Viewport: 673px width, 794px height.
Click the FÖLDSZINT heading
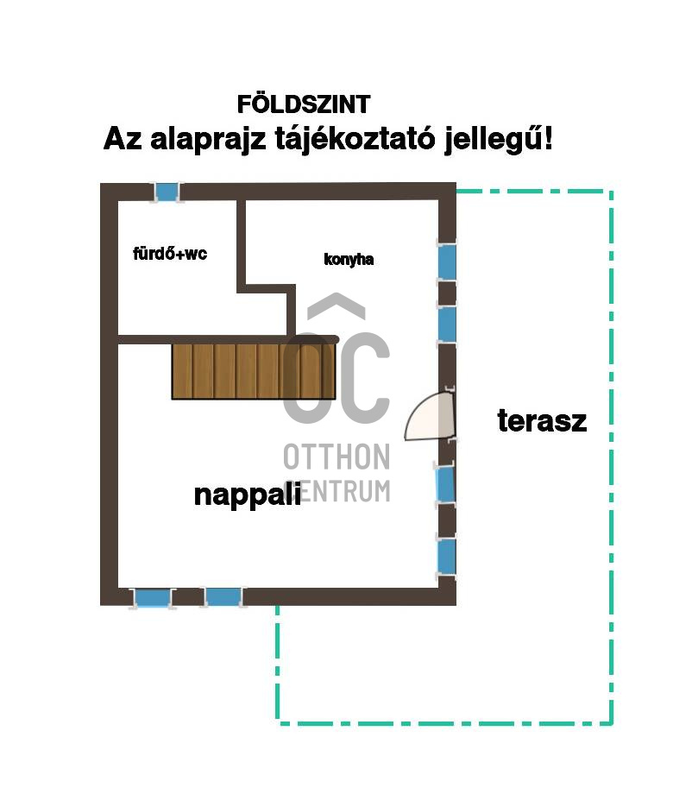(x=304, y=104)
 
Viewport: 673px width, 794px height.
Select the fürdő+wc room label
(x=170, y=254)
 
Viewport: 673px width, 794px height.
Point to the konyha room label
(x=349, y=259)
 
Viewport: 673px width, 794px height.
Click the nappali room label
(x=247, y=495)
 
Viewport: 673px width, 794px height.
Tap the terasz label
(x=542, y=421)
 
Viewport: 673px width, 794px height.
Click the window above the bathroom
(x=167, y=191)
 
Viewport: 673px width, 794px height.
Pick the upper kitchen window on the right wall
(x=446, y=262)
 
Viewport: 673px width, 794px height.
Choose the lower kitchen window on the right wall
(x=446, y=324)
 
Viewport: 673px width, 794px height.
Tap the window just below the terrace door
(x=445, y=483)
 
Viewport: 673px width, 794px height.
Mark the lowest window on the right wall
(x=446, y=557)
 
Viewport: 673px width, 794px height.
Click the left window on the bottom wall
(x=154, y=597)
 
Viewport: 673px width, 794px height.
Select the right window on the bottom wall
(x=223, y=596)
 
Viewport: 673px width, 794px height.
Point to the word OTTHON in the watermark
(x=336, y=457)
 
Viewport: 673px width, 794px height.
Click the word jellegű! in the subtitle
(x=498, y=139)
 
